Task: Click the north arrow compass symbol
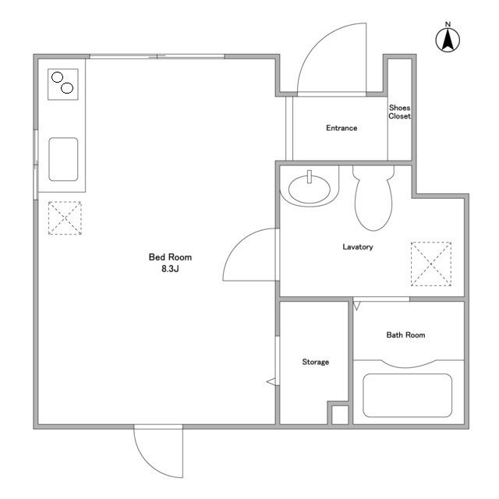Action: (448, 40)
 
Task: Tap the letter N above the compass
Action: (448, 24)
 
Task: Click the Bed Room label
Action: (170, 257)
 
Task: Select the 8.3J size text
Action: (170, 269)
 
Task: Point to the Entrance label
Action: (342, 128)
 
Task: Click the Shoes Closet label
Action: (400, 112)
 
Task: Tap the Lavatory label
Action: (358, 247)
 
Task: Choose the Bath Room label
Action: (405, 334)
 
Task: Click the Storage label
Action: (315, 362)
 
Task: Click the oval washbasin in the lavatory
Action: (310, 189)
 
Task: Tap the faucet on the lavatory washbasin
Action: (309, 177)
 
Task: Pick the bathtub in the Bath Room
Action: (407, 395)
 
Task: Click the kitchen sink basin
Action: (63, 159)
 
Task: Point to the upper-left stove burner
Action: (57, 77)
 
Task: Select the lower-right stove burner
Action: (67, 88)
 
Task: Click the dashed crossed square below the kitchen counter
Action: (65, 218)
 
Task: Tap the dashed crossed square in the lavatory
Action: (431, 264)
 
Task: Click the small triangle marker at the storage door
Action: (271, 381)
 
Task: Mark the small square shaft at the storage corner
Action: (340, 415)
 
